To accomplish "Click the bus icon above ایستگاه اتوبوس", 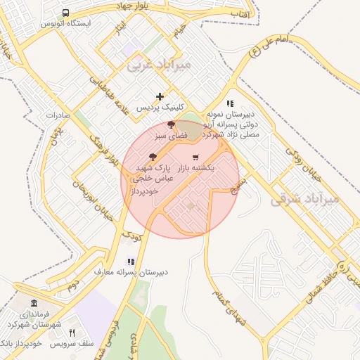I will [x=65, y=13].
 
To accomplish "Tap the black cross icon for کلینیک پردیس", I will [x=160, y=96].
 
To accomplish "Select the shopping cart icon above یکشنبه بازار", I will [x=195, y=157].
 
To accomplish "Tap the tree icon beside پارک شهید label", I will [x=153, y=157].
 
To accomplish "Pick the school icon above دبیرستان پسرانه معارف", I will [x=131, y=261].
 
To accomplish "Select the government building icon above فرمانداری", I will [x=35, y=303].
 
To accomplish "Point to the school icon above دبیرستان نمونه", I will [x=230, y=103].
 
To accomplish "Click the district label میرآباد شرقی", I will [x=304, y=199].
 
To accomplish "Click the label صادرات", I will [x=60, y=115].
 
